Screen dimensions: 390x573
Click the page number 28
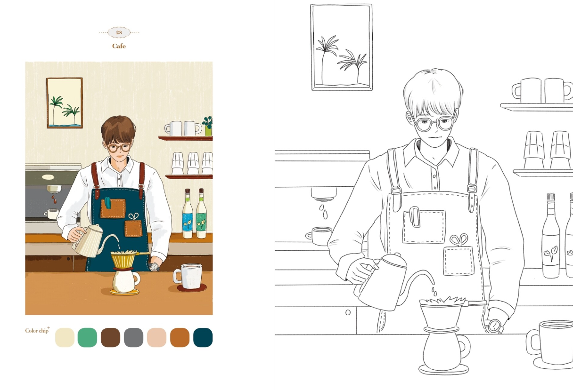pyautogui.click(x=119, y=32)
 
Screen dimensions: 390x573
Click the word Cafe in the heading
pyautogui.click(x=119, y=46)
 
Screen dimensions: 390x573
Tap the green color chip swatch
pyautogui.click(x=87, y=338)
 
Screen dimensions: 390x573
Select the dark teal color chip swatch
pyautogui.click(x=203, y=338)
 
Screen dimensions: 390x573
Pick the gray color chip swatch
pyautogui.click(x=133, y=338)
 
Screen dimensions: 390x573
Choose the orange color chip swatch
pyautogui.click(x=180, y=338)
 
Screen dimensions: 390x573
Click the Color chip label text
pyautogui.click(x=37, y=331)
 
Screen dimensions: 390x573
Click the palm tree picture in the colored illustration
pyautogui.click(x=65, y=103)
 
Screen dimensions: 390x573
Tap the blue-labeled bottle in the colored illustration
pyautogui.click(x=188, y=214)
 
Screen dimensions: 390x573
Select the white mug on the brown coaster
pyautogui.click(x=189, y=276)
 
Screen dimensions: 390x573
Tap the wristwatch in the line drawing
pyautogui.click(x=494, y=325)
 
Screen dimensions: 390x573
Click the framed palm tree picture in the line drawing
pyautogui.click(x=342, y=47)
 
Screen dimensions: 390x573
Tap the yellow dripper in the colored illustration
pyautogui.click(x=124, y=260)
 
